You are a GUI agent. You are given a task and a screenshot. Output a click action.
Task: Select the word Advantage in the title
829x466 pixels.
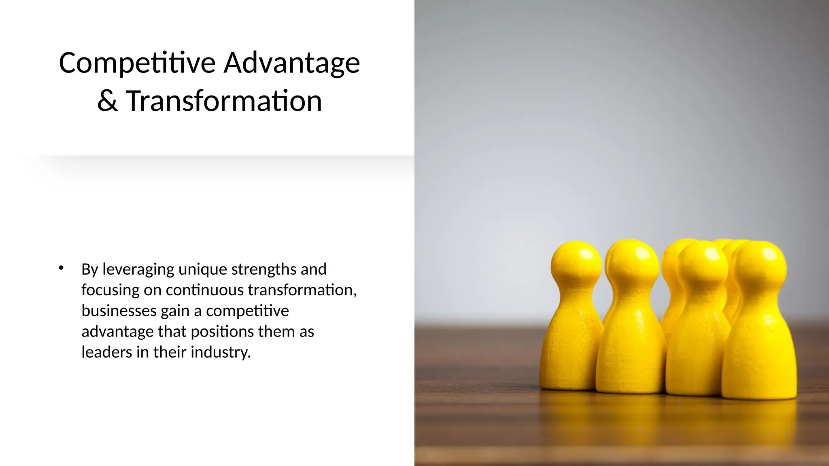(291, 63)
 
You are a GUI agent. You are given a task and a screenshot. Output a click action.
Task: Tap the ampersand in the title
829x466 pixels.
(107, 101)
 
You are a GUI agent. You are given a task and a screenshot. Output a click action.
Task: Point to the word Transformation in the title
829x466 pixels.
(224, 101)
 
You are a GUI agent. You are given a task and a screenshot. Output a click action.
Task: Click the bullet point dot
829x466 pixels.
(61, 268)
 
